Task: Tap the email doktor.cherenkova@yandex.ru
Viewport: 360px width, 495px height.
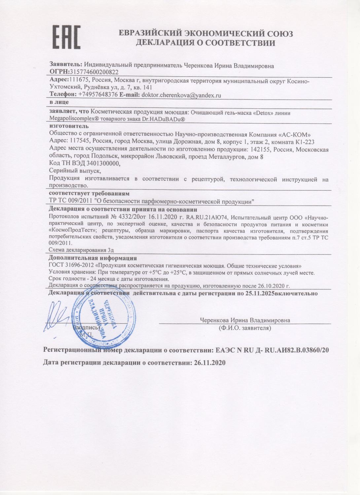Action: click(x=181, y=95)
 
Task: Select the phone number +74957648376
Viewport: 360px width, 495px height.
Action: click(x=98, y=95)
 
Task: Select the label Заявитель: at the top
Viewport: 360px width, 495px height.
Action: click(x=66, y=65)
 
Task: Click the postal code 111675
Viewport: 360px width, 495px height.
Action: click(x=79, y=80)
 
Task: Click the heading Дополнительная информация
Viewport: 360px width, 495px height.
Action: click(x=92, y=258)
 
